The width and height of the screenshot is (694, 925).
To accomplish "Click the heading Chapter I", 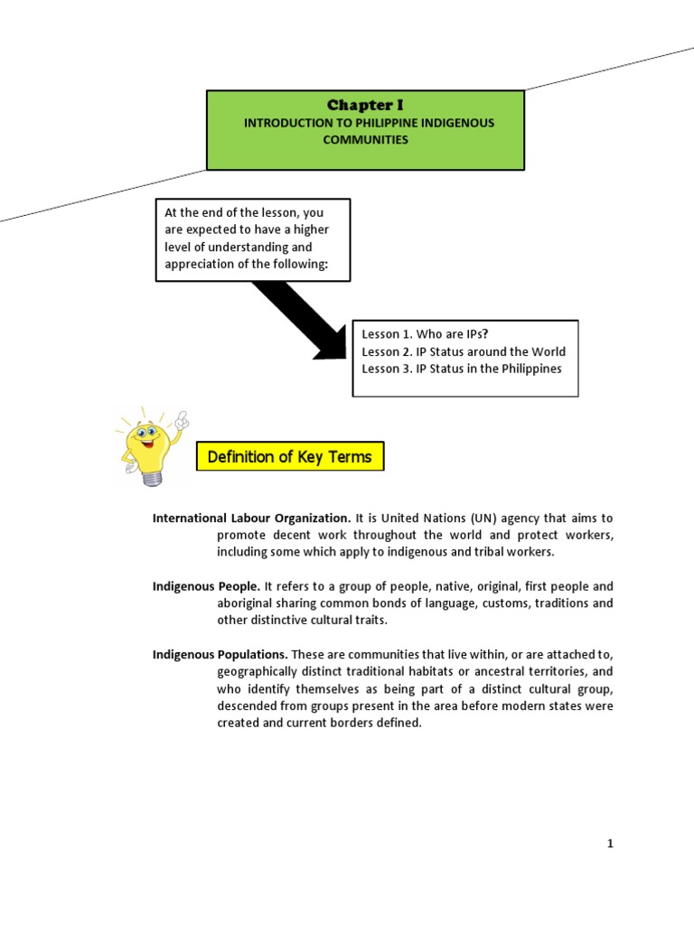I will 365,106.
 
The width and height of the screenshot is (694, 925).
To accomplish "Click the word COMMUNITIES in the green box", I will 366,139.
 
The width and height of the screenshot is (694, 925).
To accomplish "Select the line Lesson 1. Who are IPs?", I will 420,334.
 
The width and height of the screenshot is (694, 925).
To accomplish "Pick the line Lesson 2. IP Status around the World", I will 464,351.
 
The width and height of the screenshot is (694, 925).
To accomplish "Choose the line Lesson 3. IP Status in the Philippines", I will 462,369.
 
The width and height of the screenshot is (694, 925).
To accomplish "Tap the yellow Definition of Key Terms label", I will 289,457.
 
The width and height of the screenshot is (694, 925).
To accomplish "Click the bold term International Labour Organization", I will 251,519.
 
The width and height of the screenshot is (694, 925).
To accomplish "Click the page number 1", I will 610,844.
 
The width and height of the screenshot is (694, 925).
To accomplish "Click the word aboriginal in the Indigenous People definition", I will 247,603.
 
